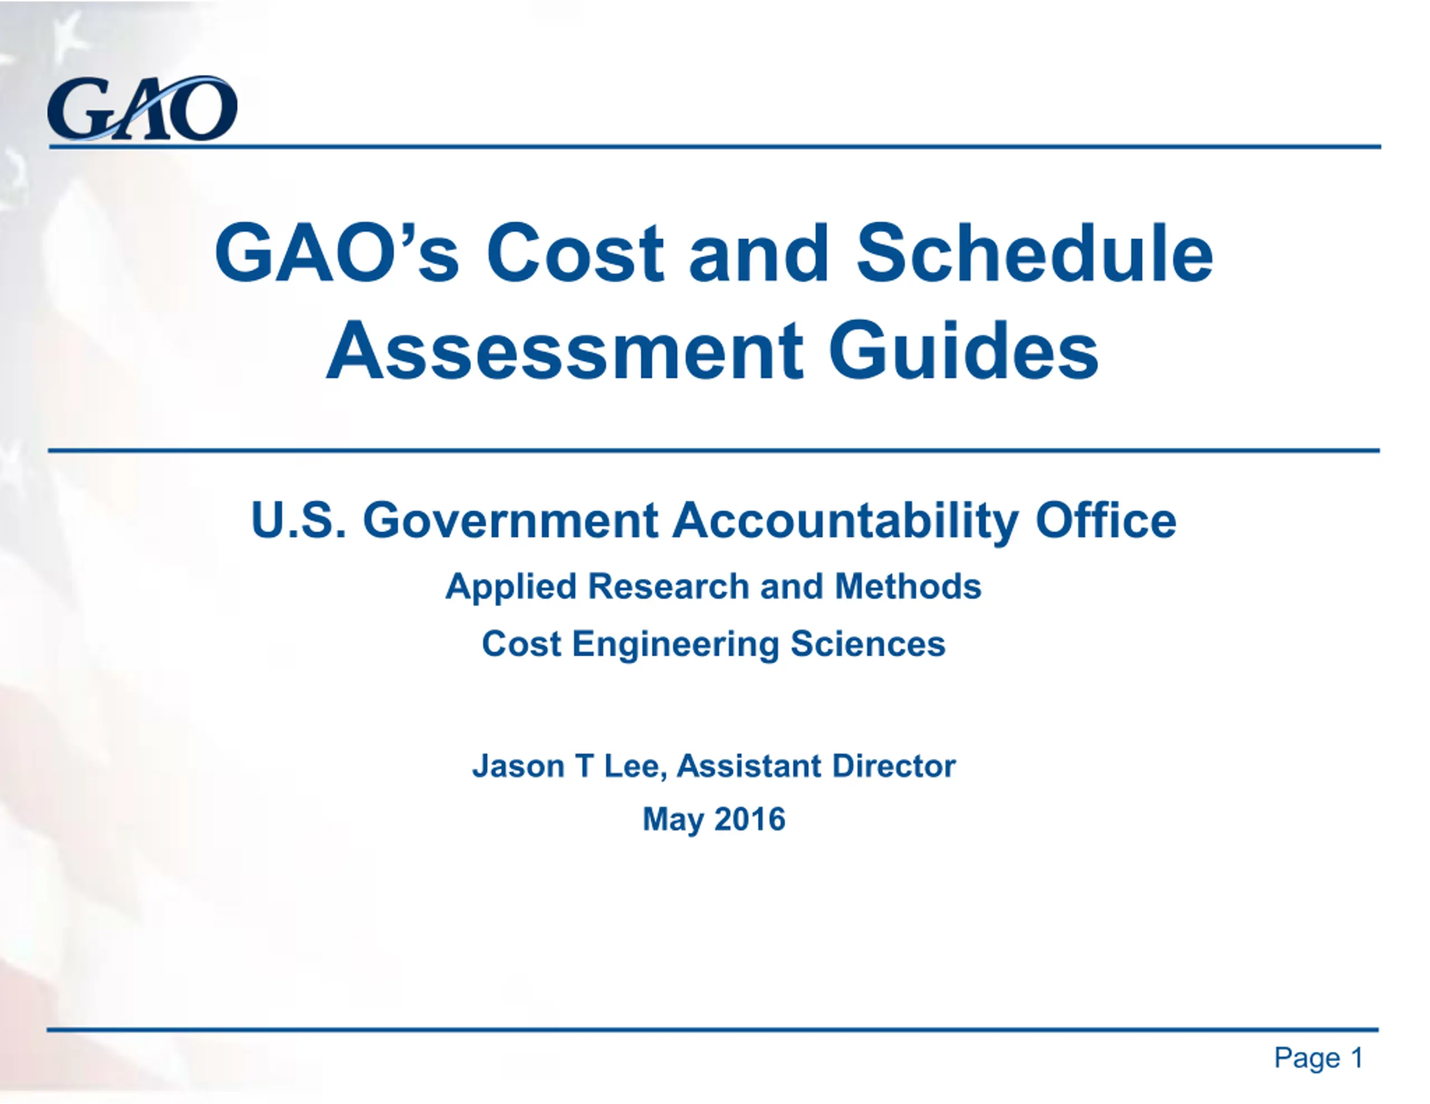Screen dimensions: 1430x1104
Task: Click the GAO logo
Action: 142,109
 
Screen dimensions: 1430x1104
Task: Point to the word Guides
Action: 963,350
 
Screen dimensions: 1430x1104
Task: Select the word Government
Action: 511,521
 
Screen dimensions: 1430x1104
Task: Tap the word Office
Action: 1106,520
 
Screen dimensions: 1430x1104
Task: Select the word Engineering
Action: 676,645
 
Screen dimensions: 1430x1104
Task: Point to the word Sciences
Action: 868,644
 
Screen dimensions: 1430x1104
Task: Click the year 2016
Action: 750,819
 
